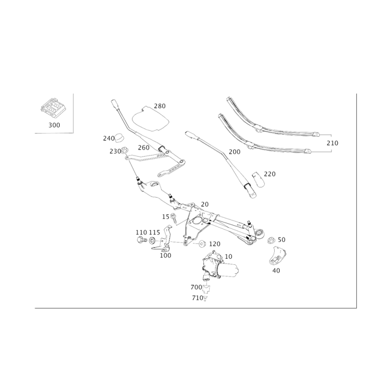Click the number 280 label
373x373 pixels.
[x=160, y=106]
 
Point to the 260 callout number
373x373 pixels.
[x=144, y=147]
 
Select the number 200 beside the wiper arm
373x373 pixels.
[x=234, y=152]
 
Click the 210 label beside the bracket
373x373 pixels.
[x=332, y=143]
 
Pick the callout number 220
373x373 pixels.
[x=270, y=173]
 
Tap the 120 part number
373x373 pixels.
[x=214, y=244]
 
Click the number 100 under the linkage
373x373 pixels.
[x=166, y=256]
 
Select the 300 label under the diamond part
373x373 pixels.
[x=54, y=125]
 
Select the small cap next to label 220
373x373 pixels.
[x=258, y=179]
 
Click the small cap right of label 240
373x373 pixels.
[x=119, y=138]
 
